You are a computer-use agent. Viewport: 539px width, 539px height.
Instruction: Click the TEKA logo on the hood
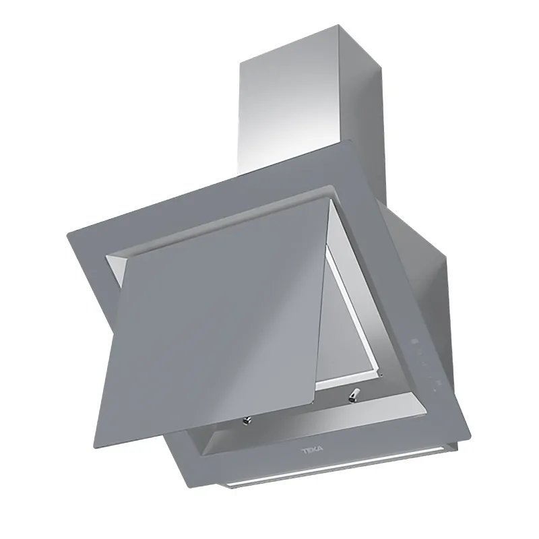pos(312,450)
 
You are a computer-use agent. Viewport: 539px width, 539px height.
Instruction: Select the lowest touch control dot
pos(435,390)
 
